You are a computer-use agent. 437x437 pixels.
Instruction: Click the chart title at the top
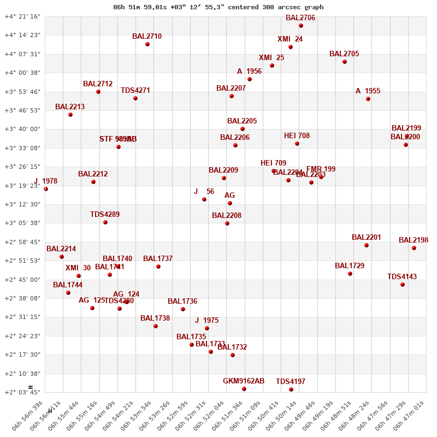tap(218, 7)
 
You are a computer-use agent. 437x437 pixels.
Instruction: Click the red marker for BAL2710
tap(147, 44)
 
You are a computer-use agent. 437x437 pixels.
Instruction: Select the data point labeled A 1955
tap(368, 99)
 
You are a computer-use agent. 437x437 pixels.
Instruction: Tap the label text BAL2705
tap(344, 54)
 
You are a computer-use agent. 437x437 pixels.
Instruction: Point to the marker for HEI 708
tap(297, 144)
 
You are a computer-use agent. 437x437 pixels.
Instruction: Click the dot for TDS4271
tap(135, 98)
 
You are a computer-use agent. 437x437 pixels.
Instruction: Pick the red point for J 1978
tap(46, 189)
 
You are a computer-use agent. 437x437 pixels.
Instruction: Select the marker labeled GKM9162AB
tap(244, 389)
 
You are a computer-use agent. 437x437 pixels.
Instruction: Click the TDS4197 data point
tap(291, 389)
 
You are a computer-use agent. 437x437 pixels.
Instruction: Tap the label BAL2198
tap(413, 240)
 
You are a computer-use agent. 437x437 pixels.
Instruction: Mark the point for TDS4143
tap(403, 285)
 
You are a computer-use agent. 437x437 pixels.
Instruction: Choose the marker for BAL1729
tap(350, 274)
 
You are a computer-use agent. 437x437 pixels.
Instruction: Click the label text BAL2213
tap(70, 107)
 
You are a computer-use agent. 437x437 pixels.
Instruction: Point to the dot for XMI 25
tap(272, 66)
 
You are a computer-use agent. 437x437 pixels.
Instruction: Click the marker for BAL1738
tap(156, 326)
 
